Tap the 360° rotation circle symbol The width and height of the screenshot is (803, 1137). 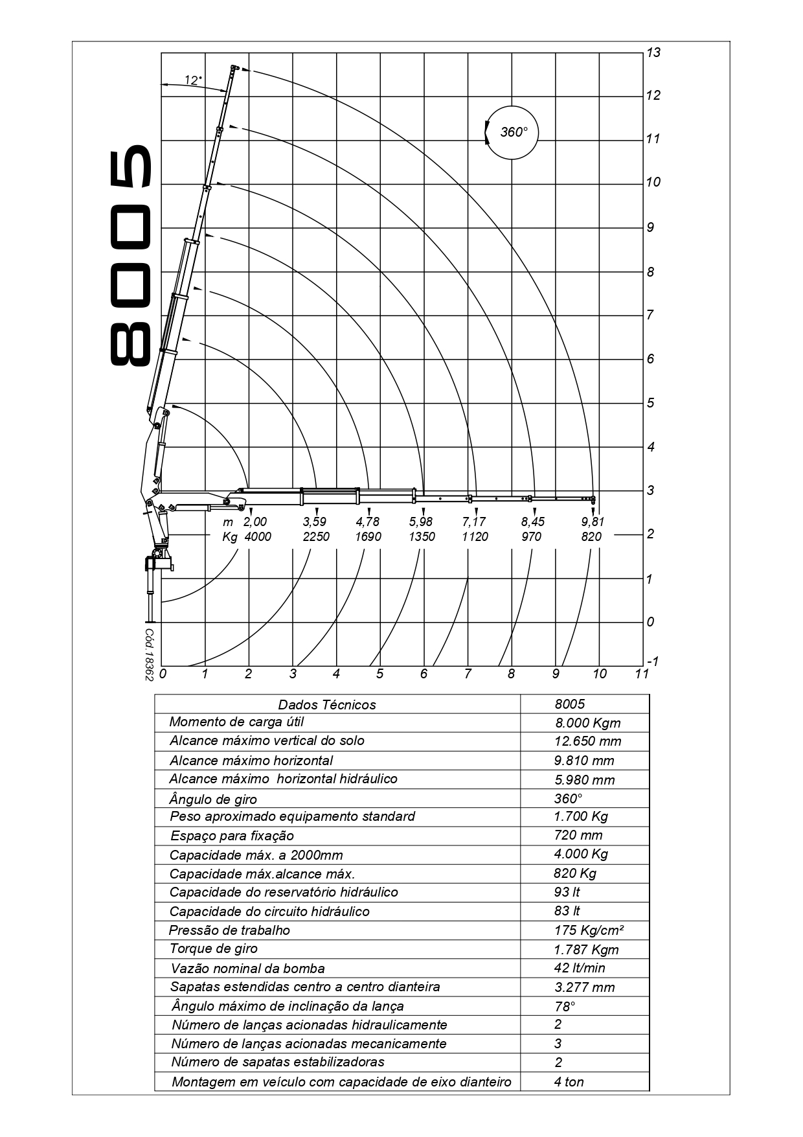pyautogui.click(x=512, y=132)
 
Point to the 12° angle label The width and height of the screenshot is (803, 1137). pyautogui.click(x=193, y=80)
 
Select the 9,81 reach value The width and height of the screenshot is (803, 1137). pyautogui.click(x=592, y=522)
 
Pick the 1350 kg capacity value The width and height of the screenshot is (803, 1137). pyautogui.click(x=422, y=537)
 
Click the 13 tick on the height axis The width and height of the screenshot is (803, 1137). pyautogui.click(x=653, y=52)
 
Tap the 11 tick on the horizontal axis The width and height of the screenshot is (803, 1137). pyautogui.click(x=642, y=674)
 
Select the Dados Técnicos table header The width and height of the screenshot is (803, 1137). pyautogui.click(x=326, y=705)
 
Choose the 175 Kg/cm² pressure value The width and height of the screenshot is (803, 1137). pyautogui.click(x=589, y=930)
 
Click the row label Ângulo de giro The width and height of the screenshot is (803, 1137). pyautogui.click(x=213, y=799)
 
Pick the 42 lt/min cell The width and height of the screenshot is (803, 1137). pyautogui.click(x=580, y=968)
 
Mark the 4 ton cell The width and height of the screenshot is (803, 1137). pyautogui.click(x=569, y=1082)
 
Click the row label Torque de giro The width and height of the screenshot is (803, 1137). pyautogui.click(x=214, y=949)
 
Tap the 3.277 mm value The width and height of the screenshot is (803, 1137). pyautogui.click(x=584, y=987)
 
